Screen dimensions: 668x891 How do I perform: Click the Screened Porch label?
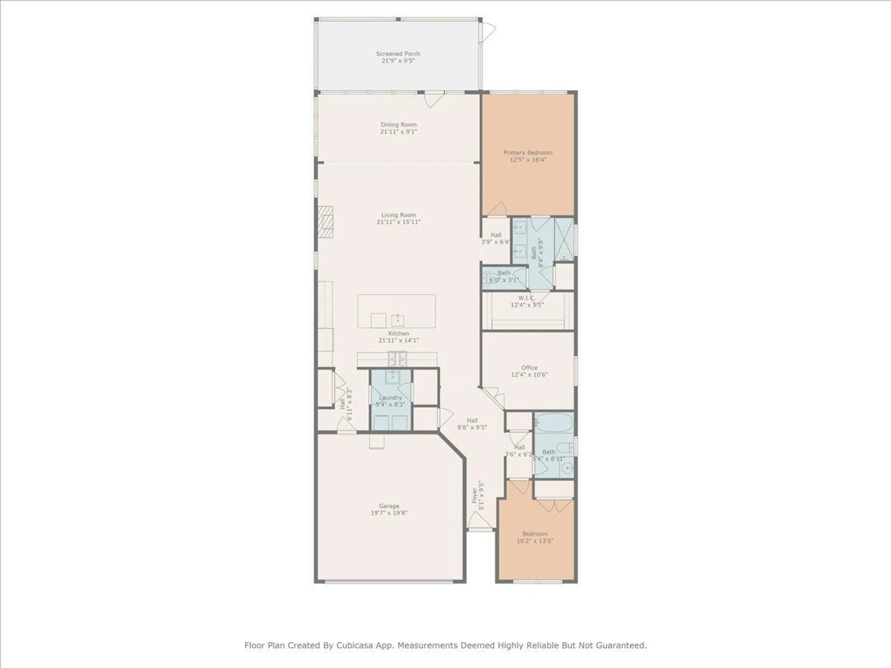point(398,53)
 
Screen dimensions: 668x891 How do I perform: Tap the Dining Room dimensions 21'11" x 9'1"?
point(398,132)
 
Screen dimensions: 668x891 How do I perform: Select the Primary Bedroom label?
point(527,152)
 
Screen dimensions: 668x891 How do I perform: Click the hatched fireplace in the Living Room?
point(326,222)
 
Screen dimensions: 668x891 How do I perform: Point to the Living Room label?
point(398,215)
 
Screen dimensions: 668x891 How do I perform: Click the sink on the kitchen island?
point(397,319)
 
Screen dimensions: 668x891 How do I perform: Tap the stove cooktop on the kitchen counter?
point(397,358)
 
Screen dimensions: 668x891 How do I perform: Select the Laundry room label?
point(390,397)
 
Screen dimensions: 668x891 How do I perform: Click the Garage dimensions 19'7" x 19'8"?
point(389,513)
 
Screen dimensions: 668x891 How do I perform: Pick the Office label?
point(529,367)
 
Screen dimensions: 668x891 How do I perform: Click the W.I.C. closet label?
point(526,298)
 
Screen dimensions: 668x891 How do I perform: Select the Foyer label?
point(474,495)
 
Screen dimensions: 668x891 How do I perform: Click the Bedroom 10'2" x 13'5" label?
point(535,534)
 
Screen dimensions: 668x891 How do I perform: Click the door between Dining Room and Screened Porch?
point(433,99)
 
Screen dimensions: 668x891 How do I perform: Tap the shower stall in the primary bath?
point(564,239)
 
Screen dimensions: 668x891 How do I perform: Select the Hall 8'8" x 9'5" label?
point(472,420)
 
